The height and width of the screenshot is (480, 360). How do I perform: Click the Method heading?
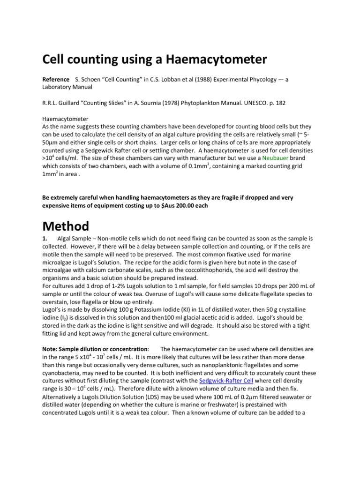click(x=66, y=227)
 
